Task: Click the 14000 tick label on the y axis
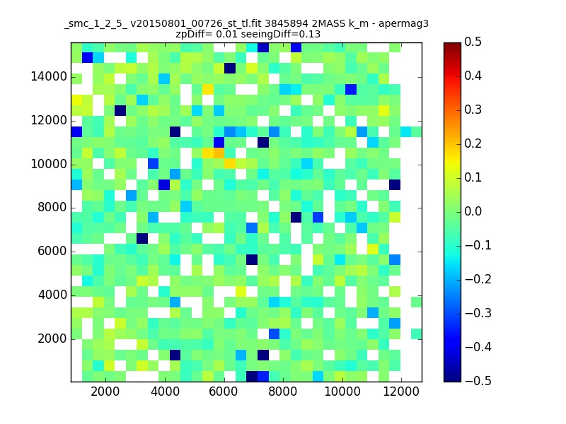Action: (x=49, y=77)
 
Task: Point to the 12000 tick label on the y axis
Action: (x=49, y=120)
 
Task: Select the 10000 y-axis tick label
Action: (x=49, y=165)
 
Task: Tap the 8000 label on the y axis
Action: (x=52, y=208)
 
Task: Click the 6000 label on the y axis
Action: (x=52, y=252)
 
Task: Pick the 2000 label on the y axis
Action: (x=52, y=339)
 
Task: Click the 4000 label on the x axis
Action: (x=165, y=391)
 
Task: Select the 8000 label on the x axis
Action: (x=282, y=391)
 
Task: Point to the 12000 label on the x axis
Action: (x=401, y=391)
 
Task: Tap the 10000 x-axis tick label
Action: (x=342, y=391)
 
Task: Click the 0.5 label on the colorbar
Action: (x=473, y=42)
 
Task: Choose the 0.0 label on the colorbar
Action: (x=473, y=211)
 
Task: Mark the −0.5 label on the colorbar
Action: (x=478, y=381)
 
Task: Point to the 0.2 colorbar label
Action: (x=473, y=144)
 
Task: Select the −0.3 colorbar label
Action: (x=478, y=313)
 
